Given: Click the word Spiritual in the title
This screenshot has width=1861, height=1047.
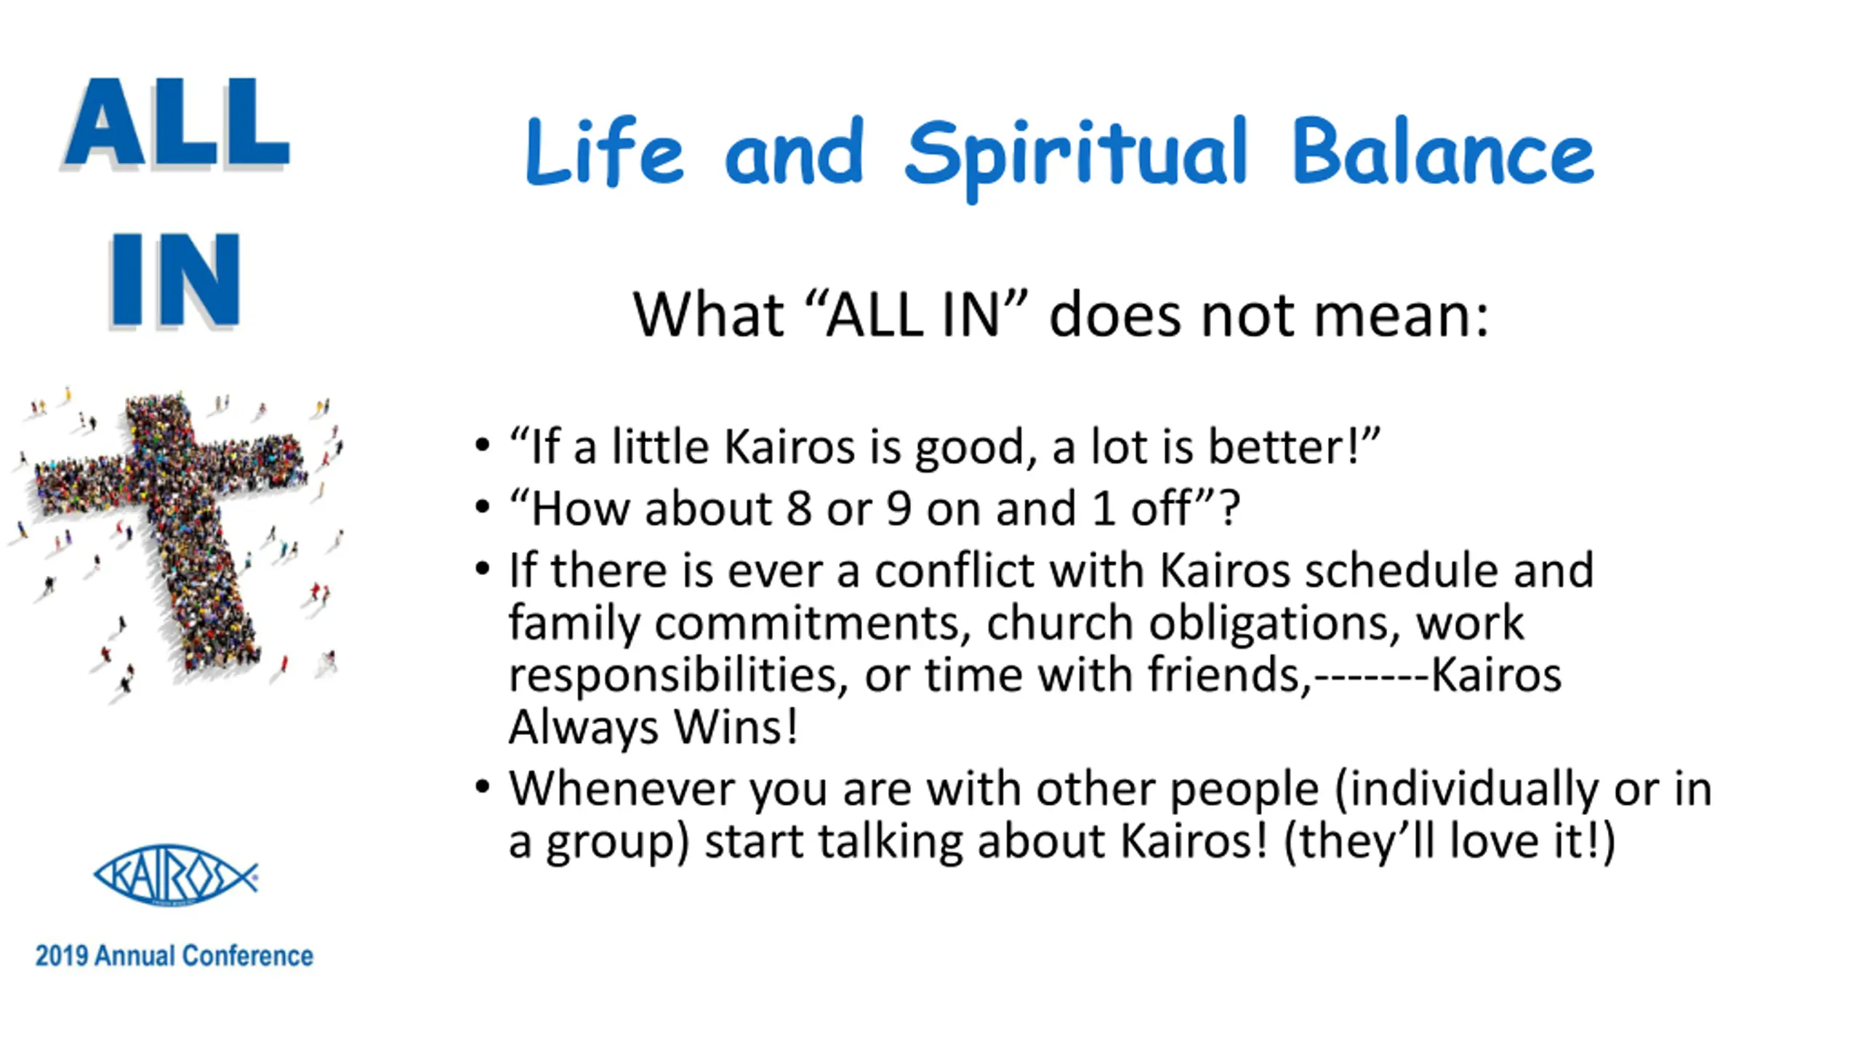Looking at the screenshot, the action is [1076, 156].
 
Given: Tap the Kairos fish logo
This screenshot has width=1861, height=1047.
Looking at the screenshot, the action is [176, 875].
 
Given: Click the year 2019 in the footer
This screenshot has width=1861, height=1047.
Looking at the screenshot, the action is [63, 955].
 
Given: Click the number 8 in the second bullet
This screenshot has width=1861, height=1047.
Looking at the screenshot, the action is [799, 508].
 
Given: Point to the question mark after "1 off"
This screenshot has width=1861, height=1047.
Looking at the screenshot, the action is [1229, 508].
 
